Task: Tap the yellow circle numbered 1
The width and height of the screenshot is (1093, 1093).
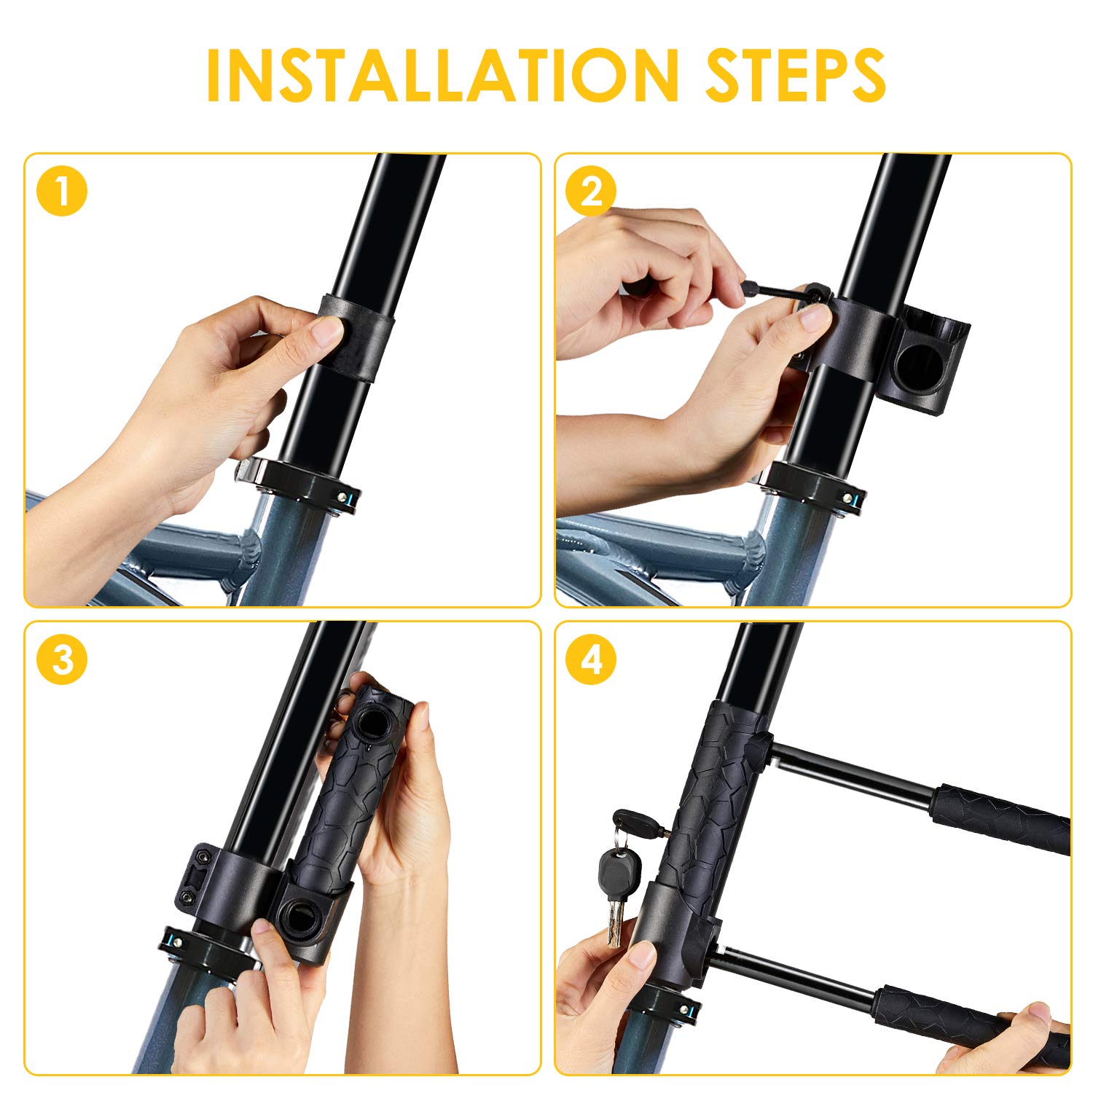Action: (62, 192)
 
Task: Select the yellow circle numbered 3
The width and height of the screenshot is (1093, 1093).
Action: (62, 660)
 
